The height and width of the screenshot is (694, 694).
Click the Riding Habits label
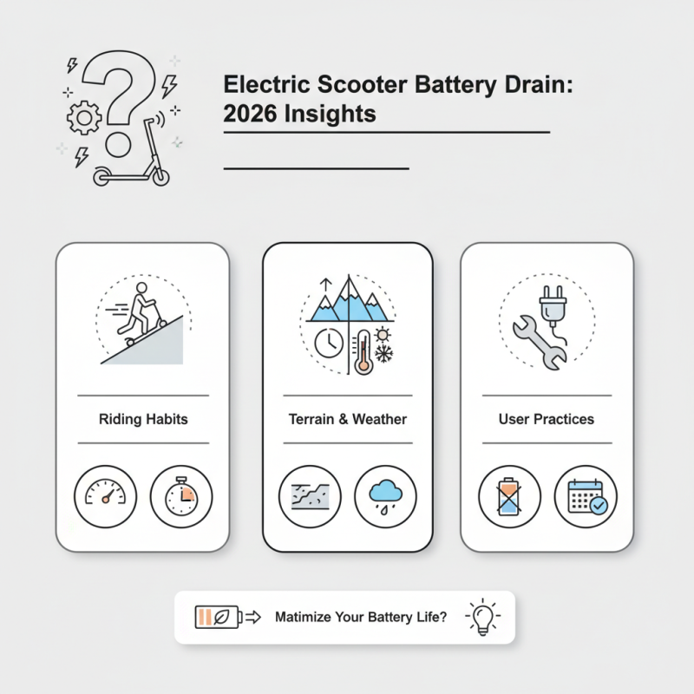143,419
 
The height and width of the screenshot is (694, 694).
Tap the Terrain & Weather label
347,419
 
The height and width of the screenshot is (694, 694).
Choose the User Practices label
546,419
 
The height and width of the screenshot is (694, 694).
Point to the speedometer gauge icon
106,497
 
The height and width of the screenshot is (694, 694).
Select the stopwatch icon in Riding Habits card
181,497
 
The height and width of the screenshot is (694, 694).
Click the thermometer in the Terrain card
362,350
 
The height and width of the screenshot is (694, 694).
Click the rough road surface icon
310,497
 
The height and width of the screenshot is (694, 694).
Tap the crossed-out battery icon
509,497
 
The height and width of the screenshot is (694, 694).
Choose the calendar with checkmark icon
586,497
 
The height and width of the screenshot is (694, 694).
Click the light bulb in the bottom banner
482,617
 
